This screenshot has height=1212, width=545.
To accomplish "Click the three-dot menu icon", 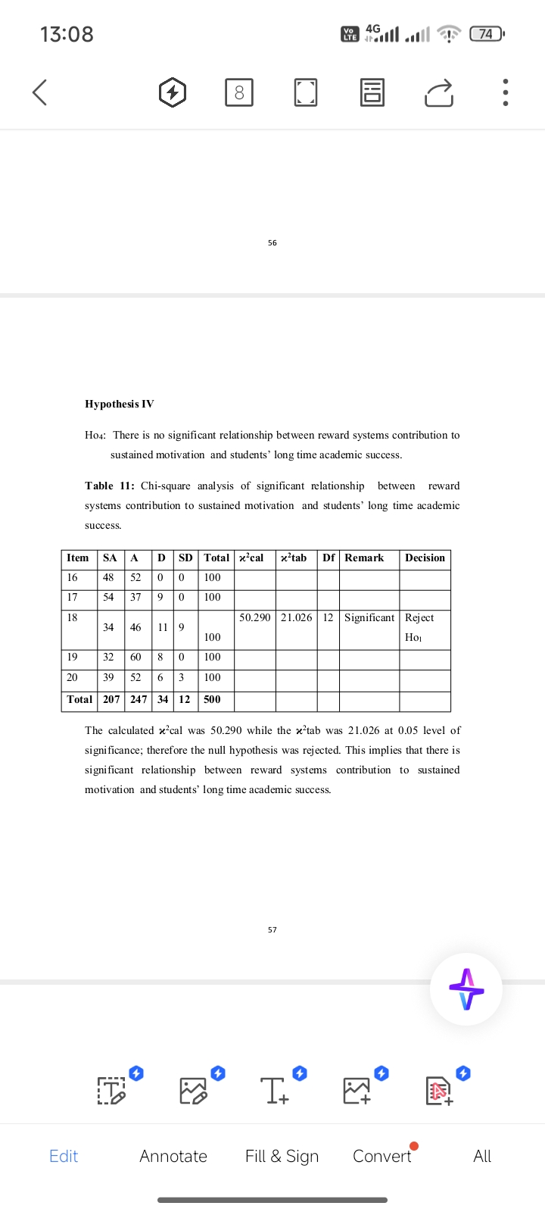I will tap(506, 92).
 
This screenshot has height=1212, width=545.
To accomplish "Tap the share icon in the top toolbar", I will tap(439, 92).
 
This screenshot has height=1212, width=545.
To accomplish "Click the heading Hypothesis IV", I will tap(119, 404).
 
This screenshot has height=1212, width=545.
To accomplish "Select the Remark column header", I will tap(364, 558).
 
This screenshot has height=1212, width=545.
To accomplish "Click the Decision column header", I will tap(425, 558).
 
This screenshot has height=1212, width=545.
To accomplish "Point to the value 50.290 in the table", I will tap(255, 617).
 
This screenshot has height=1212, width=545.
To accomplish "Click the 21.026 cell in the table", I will tap(296, 617).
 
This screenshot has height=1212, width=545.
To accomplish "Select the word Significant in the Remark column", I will tap(369, 617).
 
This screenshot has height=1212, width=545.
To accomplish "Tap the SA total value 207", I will tap(111, 699).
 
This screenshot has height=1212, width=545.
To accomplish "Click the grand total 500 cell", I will tap(212, 699).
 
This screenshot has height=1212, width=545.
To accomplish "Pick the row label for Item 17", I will tap(72, 598).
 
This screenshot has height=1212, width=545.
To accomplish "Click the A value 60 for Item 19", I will tap(135, 657).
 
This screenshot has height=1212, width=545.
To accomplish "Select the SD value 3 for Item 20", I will tap(181, 677).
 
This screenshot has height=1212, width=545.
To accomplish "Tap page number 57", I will tap(272, 929).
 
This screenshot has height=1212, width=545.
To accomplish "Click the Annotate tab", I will tap(173, 1156).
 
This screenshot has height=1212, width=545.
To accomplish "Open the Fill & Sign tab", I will tap(282, 1156).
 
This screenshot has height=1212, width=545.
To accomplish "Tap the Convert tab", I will tap(382, 1156).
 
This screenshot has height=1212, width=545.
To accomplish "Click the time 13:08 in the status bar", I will tap(67, 34).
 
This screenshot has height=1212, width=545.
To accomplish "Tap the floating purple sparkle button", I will tap(466, 989).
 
